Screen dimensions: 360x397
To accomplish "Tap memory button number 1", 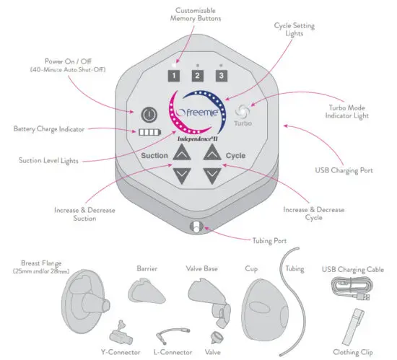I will [173, 74].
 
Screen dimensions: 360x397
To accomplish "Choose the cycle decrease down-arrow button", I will [211, 175].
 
